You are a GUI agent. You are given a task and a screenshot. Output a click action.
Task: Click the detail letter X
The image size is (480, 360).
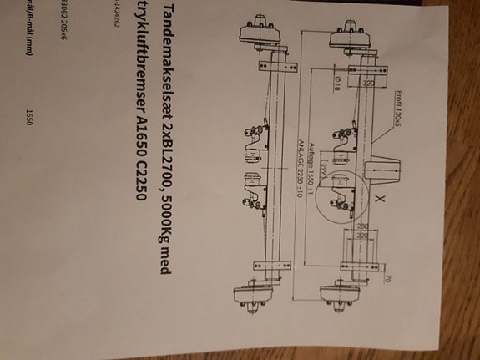(381, 200)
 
